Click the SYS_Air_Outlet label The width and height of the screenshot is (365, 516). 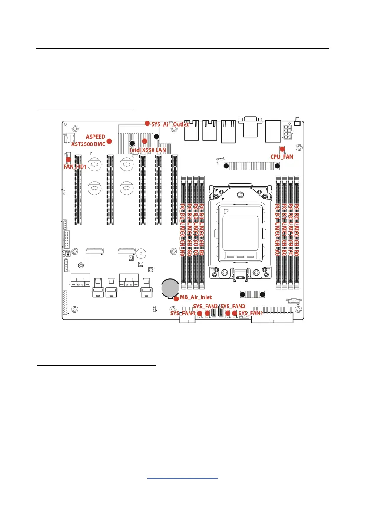(170, 124)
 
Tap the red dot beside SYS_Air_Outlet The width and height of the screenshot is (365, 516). (147, 123)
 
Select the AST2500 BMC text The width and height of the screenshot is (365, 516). (88, 144)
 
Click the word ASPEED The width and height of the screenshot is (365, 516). (95, 137)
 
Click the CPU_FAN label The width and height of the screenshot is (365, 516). (282, 157)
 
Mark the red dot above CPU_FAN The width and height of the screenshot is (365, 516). (282, 149)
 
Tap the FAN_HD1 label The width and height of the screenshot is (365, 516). (76, 166)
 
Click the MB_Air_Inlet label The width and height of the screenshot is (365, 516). (196, 298)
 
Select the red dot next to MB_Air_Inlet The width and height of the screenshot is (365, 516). (176, 298)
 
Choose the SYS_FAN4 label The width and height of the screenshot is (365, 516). (182, 313)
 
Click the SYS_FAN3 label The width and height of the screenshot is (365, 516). (205, 307)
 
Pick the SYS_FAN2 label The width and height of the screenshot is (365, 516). (234, 307)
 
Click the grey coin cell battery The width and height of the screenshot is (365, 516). (169, 287)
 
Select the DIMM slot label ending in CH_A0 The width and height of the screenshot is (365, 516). (277, 230)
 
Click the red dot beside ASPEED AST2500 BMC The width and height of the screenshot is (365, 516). (109, 141)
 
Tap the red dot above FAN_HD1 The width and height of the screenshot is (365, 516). (68, 160)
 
